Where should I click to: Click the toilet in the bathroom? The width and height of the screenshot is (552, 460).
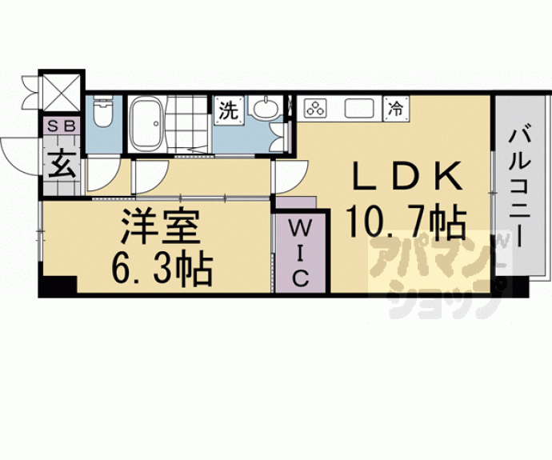pos(102,114)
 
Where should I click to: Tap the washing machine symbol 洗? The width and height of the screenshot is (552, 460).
pos(229,110)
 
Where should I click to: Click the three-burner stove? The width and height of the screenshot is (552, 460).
pos(316,108)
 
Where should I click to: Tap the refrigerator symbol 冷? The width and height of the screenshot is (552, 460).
pos(395,107)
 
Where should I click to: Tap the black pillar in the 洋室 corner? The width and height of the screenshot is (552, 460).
pos(58,286)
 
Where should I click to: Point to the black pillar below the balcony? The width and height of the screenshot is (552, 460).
pos(512,287)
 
